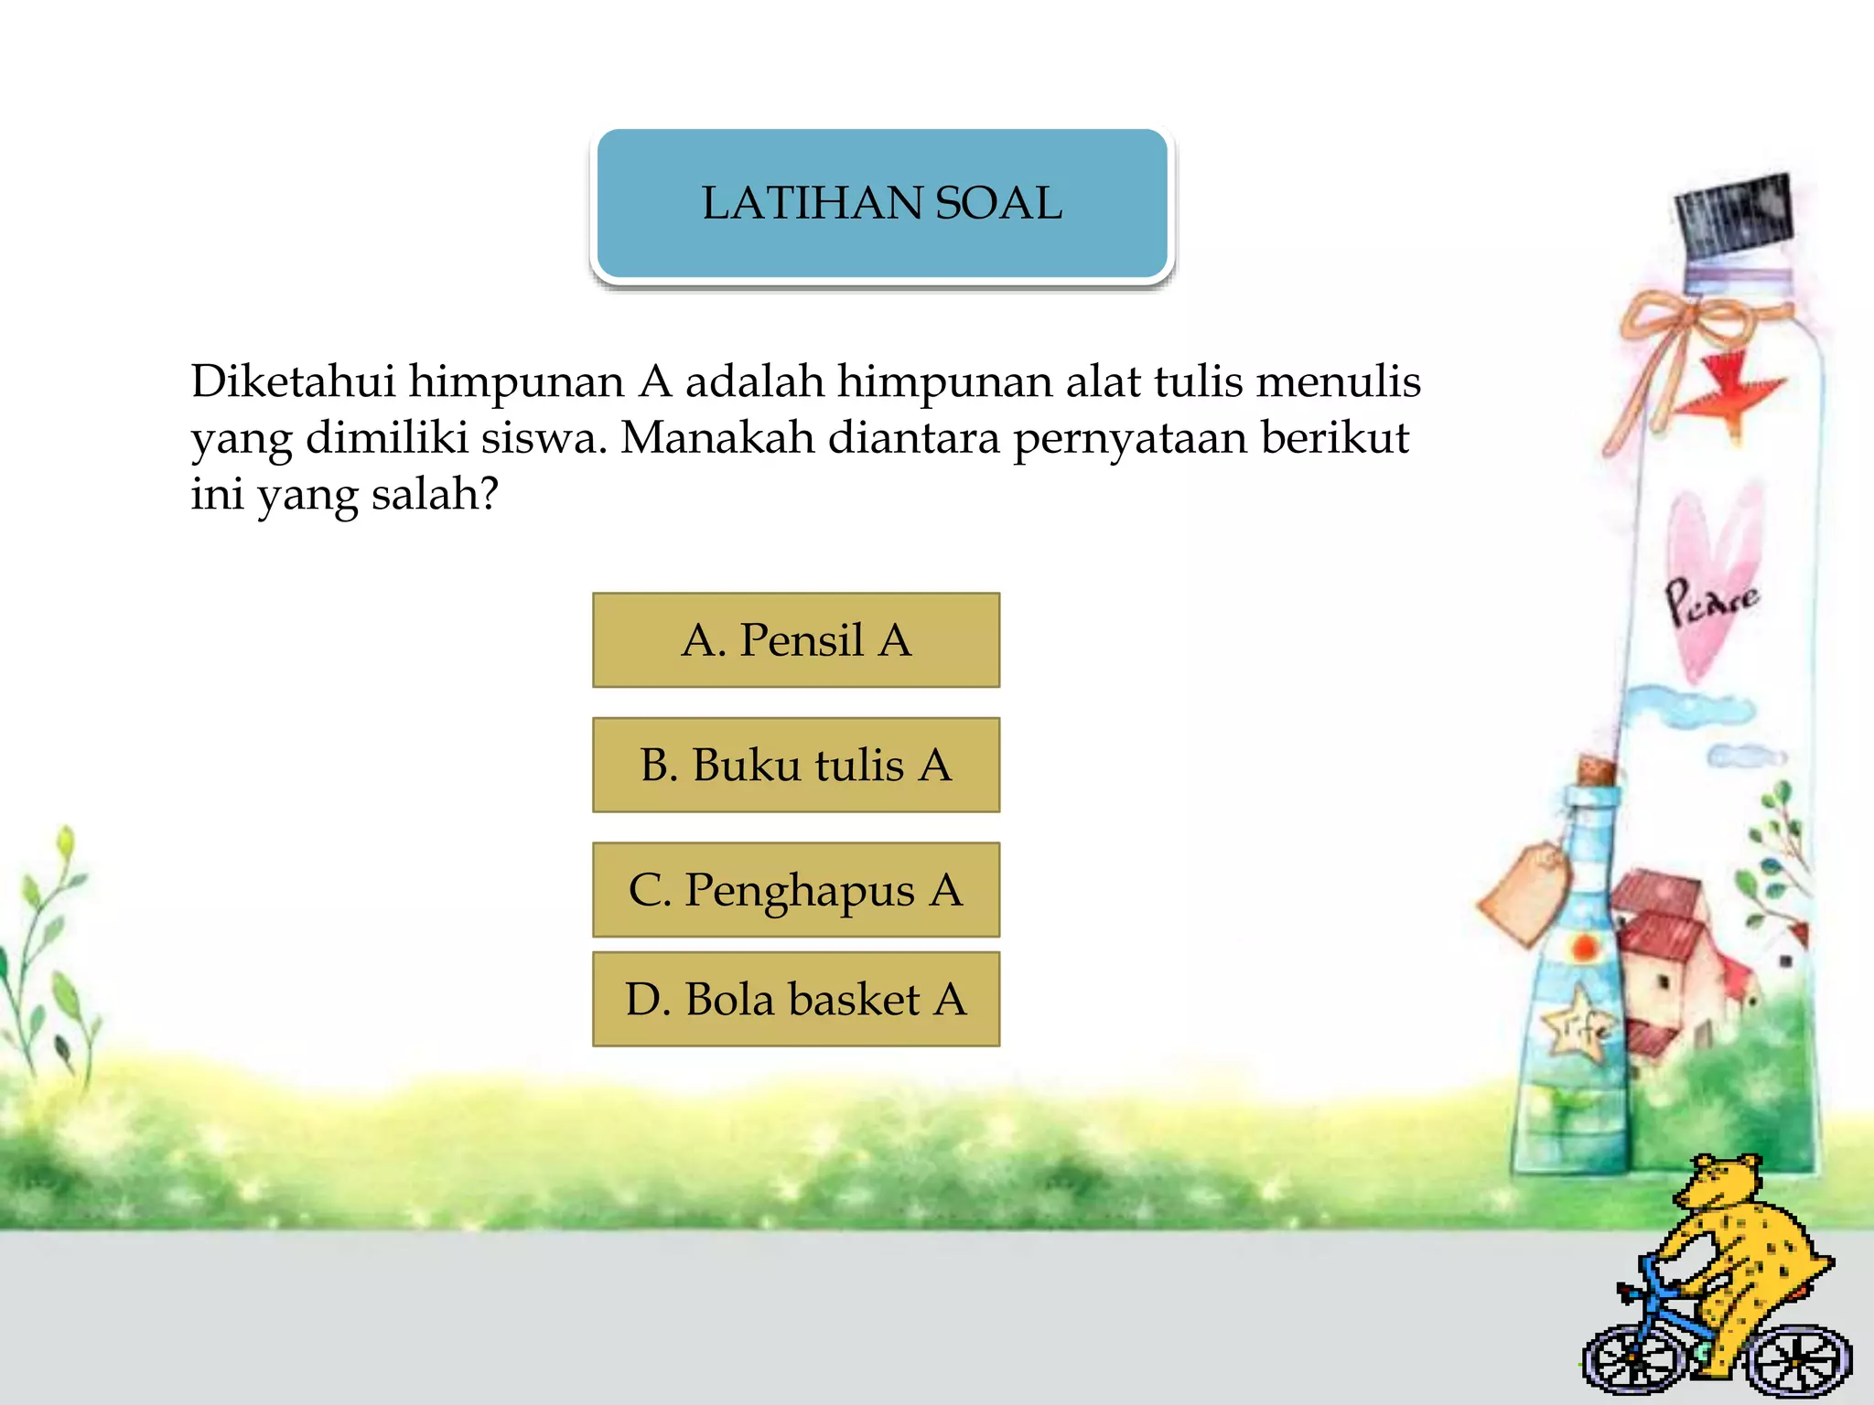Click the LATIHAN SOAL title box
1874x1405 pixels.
click(x=882, y=203)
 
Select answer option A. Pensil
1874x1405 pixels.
click(x=796, y=640)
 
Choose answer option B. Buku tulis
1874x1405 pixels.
click(x=796, y=766)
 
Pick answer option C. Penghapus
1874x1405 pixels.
click(x=796, y=890)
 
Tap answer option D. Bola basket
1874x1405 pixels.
click(x=796, y=999)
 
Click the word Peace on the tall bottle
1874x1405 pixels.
click(x=1709, y=602)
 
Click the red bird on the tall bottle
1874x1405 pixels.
click(x=1732, y=389)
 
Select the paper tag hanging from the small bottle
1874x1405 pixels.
click(x=1524, y=893)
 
